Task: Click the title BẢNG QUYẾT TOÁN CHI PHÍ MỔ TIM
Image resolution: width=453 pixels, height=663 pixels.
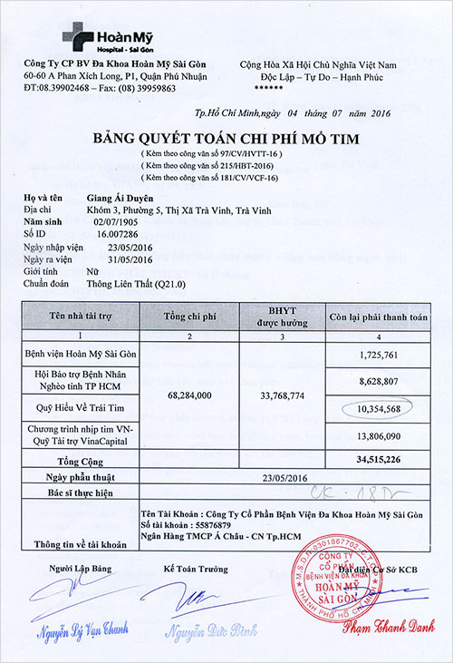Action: point(226,139)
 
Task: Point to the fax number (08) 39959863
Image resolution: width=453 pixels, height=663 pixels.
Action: point(134,90)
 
